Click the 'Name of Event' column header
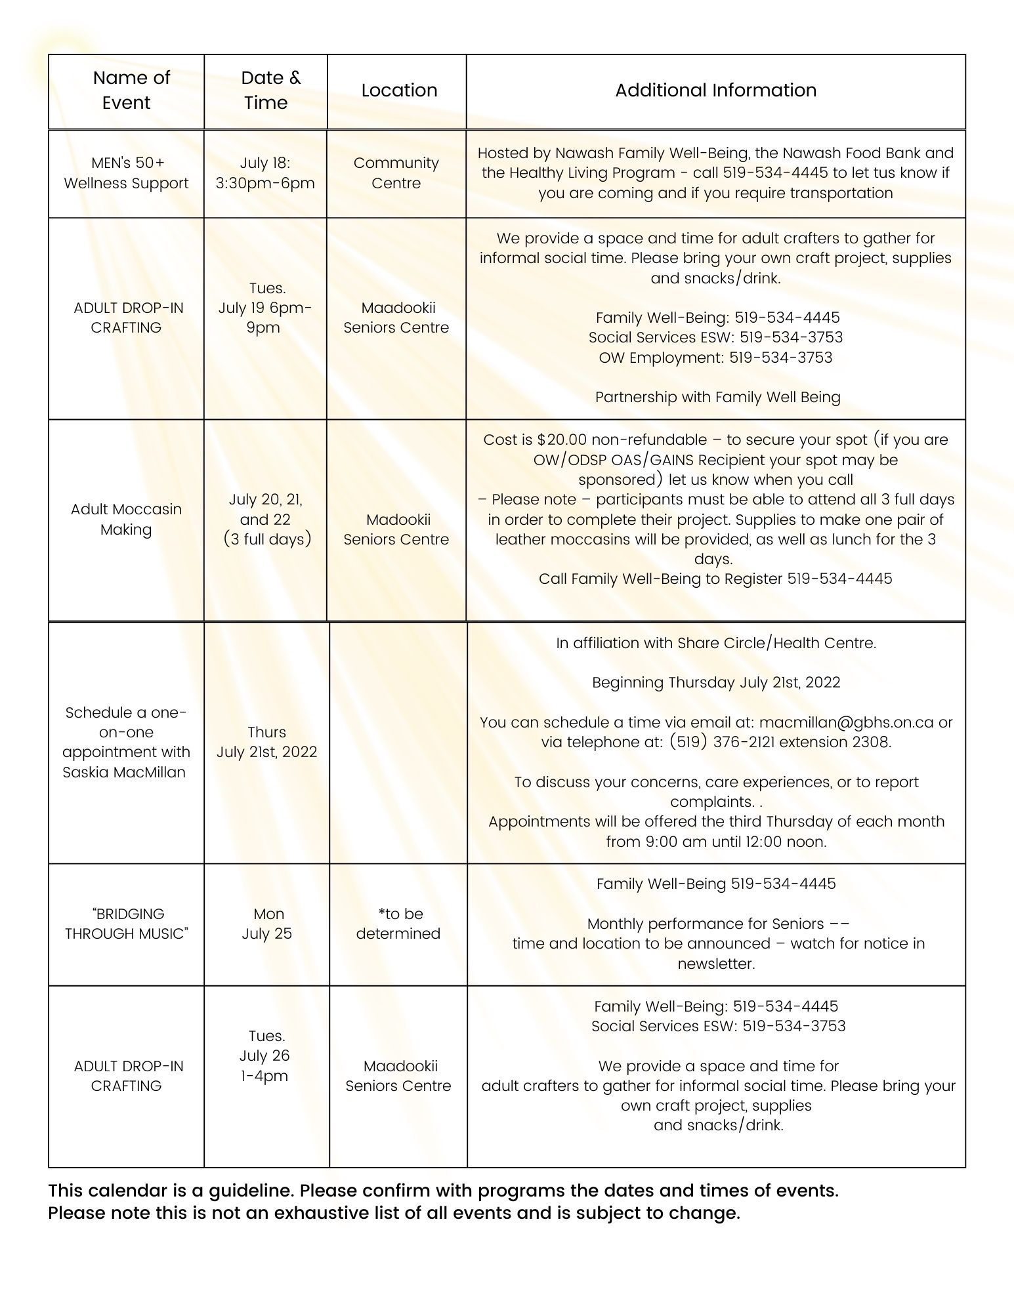tap(131, 90)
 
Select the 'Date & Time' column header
tap(269, 90)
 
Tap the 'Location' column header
tap(399, 90)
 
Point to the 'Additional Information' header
tap(715, 90)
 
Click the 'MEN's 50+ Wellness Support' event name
tap(126, 173)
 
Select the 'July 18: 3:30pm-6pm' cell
tap(265, 173)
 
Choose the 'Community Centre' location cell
tap(396, 173)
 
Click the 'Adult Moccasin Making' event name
tap(126, 519)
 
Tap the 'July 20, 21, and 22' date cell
tap(266, 519)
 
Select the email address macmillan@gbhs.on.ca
tap(846, 722)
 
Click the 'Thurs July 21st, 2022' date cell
tap(266, 742)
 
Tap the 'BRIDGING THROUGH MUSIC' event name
tap(126, 924)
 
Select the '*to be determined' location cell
tap(398, 924)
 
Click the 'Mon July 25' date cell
tap(267, 924)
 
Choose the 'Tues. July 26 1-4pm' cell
tap(264, 1056)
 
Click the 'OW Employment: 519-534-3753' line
tap(715, 358)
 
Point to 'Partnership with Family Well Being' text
tap(717, 397)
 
